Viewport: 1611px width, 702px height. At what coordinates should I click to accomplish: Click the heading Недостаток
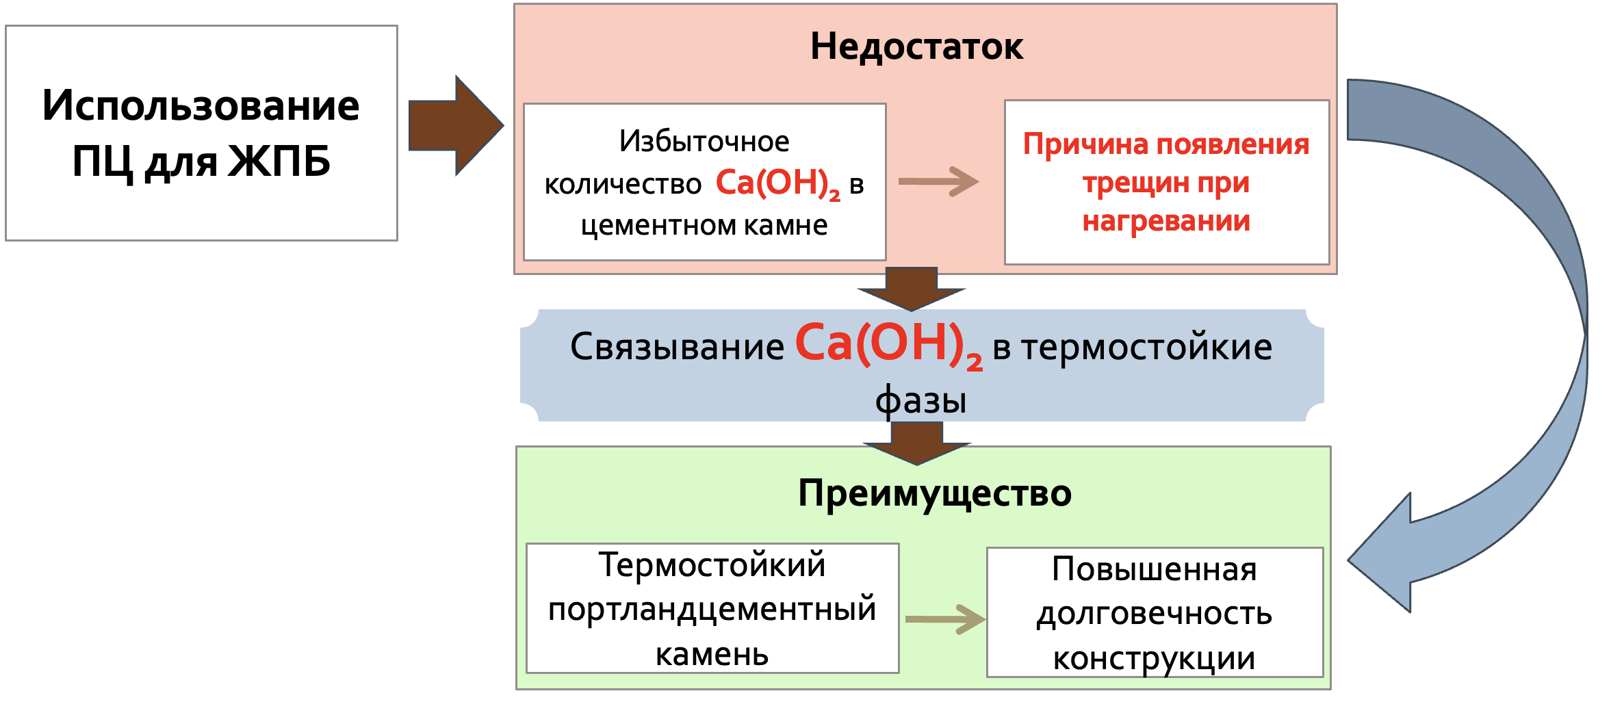(x=916, y=47)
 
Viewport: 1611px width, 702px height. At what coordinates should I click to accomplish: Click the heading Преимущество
(x=934, y=493)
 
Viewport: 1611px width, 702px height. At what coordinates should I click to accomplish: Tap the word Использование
(x=201, y=105)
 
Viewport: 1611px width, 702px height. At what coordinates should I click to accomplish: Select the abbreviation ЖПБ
(x=279, y=161)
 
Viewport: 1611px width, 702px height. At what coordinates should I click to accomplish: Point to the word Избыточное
(x=704, y=142)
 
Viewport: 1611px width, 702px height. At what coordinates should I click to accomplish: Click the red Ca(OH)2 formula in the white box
(x=777, y=183)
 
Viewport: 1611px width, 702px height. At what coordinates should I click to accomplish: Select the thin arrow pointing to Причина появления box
(x=938, y=181)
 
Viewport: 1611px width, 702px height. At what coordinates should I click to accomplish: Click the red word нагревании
(x=1166, y=221)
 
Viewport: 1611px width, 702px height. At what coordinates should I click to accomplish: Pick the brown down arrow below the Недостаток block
(x=911, y=288)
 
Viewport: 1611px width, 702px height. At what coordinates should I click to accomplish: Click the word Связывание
(x=677, y=346)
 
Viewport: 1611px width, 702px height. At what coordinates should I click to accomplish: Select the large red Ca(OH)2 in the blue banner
(x=888, y=344)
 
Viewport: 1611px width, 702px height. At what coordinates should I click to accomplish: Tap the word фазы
(x=920, y=400)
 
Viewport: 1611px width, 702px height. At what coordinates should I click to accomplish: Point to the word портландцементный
(x=712, y=609)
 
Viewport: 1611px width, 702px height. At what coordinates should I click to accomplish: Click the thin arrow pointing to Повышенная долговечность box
(x=945, y=619)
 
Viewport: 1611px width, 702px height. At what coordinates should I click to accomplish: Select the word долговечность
(x=1154, y=614)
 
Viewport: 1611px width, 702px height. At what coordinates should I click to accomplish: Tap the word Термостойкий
(x=712, y=565)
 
